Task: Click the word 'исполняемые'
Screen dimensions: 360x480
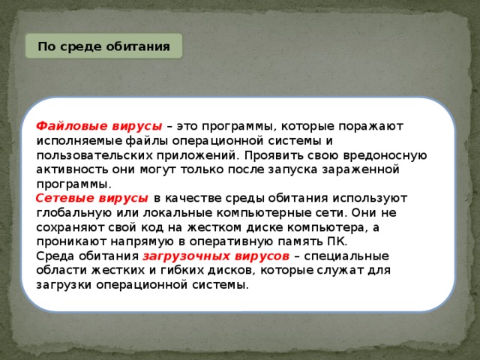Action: pyautogui.click(x=72, y=140)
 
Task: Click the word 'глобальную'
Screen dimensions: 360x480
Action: pyautogui.click(x=71, y=212)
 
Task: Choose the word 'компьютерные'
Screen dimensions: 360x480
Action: pyautogui.click(x=244, y=212)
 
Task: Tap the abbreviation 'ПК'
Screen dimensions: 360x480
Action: pyautogui.click(x=335, y=241)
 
